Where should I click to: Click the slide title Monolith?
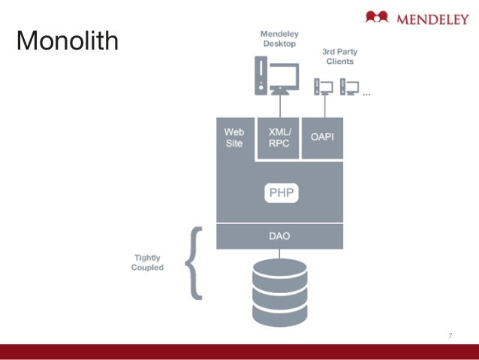point(68,41)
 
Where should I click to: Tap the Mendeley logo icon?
point(377,17)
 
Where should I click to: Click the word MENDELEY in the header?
point(429,17)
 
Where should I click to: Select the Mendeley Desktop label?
point(279,38)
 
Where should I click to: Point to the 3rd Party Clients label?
point(338,56)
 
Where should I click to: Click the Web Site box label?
point(234,138)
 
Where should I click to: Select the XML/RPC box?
point(279,138)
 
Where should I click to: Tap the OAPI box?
point(322,138)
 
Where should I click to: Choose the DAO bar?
point(279,235)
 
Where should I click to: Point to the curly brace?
point(193,262)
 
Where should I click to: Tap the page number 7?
point(450,335)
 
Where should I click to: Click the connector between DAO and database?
point(279,253)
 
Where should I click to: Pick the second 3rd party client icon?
point(348,85)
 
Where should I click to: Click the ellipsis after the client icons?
point(366,95)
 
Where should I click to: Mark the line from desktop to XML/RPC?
point(279,105)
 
